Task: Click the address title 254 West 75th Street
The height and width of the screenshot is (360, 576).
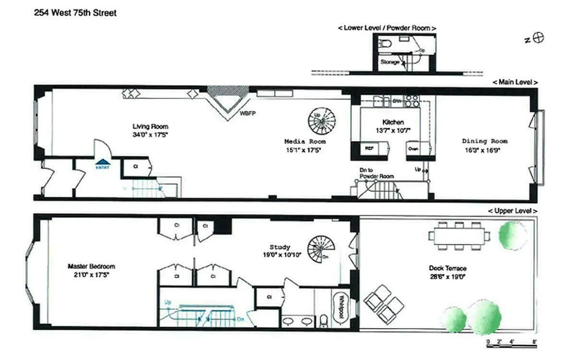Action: coord(75,13)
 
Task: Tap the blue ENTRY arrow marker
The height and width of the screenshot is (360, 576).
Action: coord(103,162)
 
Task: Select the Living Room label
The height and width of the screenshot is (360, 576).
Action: coord(150,126)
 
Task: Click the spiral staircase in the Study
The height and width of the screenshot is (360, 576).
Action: coord(321,249)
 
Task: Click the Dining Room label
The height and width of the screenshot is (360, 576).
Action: coord(484,141)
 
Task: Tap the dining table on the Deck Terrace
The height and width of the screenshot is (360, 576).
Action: coord(459,235)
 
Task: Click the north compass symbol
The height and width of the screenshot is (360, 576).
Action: coord(538,38)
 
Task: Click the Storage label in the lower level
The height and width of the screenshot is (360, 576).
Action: coord(390,62)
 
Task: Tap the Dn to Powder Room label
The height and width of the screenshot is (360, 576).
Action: coord(376,173)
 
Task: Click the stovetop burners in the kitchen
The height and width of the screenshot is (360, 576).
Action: coord(412,100)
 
